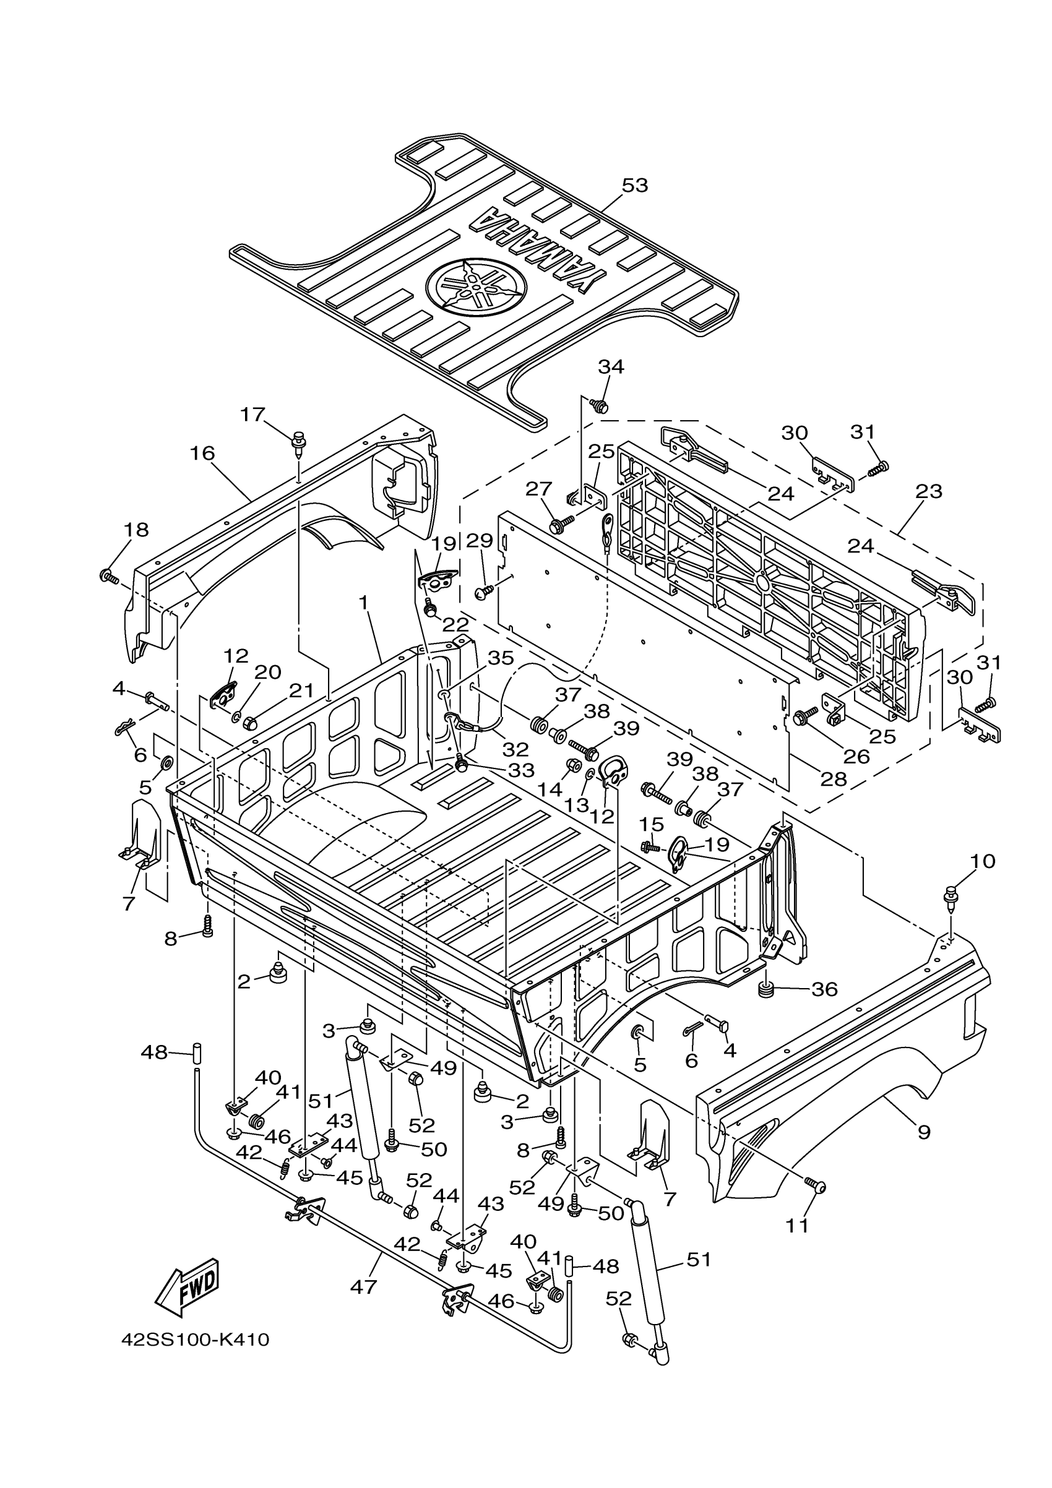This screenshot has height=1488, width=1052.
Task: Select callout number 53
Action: click(x=634, y=186)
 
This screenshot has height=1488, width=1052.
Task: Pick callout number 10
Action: click(x=983, y=861)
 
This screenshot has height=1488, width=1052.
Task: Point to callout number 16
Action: click(x=202, y=453)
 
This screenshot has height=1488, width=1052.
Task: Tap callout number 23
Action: click(x=928, y=492)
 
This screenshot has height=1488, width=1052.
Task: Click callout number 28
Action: click(x=834, y=779)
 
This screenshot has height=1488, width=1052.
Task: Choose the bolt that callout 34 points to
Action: click(x=600, y=406)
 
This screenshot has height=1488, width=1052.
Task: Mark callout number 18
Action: click(x=136, y=530)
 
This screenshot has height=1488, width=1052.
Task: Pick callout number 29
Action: click(x=483, y=541)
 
